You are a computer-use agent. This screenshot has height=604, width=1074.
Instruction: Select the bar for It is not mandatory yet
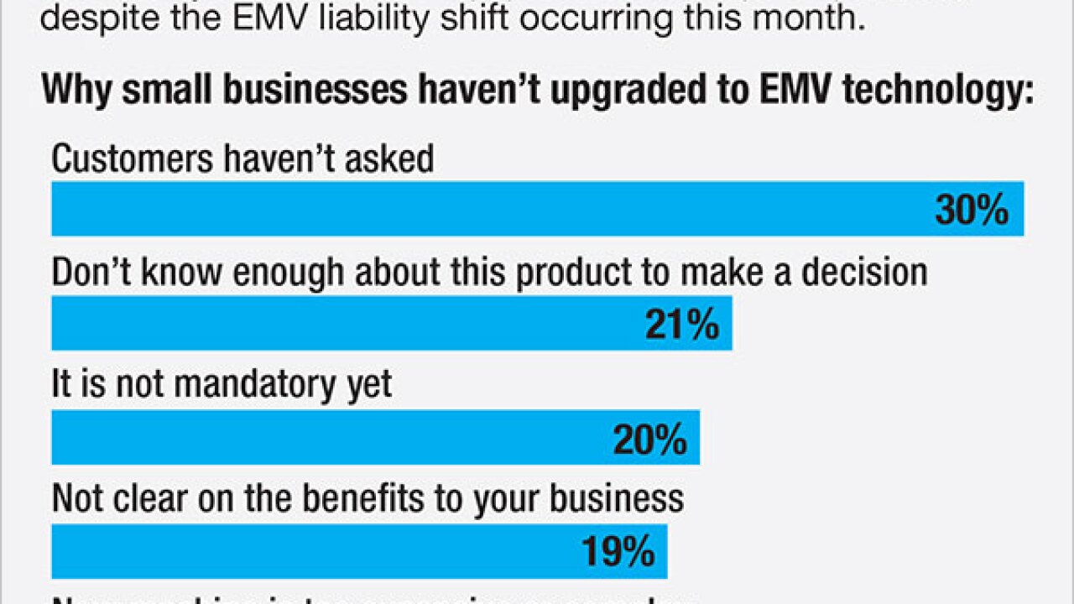336,438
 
